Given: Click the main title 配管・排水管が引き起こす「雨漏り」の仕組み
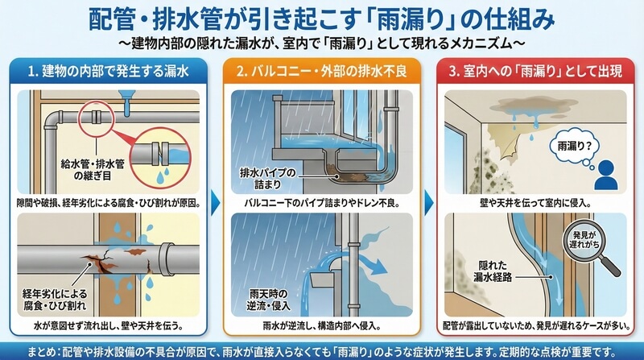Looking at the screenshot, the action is point(321,19).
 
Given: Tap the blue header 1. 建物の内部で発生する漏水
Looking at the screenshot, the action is point(109,72).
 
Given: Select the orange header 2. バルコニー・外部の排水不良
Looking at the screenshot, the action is point(321,72).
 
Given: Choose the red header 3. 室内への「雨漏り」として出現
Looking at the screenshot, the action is point(535,72).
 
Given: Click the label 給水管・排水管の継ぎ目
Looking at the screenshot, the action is point(93,170).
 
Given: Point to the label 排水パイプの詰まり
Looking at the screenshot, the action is point(267,178).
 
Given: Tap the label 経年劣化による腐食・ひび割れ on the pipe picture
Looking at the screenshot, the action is point(55,300).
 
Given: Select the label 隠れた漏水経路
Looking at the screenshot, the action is point(493,271).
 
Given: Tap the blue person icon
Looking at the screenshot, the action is point(606,175).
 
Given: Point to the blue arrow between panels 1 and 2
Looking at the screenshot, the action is point(215,202).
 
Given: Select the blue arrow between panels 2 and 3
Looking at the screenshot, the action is point(429,202).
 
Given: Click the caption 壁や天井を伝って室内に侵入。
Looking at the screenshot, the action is point(535,203).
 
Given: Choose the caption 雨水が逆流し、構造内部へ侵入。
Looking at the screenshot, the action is point(321,326).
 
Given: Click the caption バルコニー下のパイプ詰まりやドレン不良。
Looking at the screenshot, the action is point(321,203).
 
